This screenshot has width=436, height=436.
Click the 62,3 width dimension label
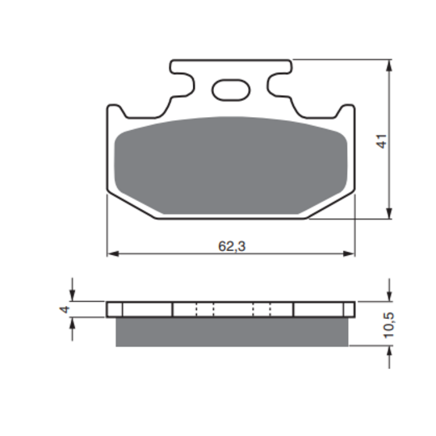click(x=232, y=246)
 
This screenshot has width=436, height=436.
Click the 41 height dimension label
click(x=381, y=141)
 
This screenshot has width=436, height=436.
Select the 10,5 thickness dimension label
click(x=389, y=325)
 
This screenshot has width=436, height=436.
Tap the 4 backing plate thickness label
click(x=65, y=309)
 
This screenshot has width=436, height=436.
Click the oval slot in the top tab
click(x=231, y=90)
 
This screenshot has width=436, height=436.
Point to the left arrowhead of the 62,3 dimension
click(x=113, y=254)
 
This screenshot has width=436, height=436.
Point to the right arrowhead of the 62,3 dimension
click(x=349, y=254)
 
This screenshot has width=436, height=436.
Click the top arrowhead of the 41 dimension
click(x=389, y=65)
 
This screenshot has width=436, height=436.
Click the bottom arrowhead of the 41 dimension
click(x=389, y=213)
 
